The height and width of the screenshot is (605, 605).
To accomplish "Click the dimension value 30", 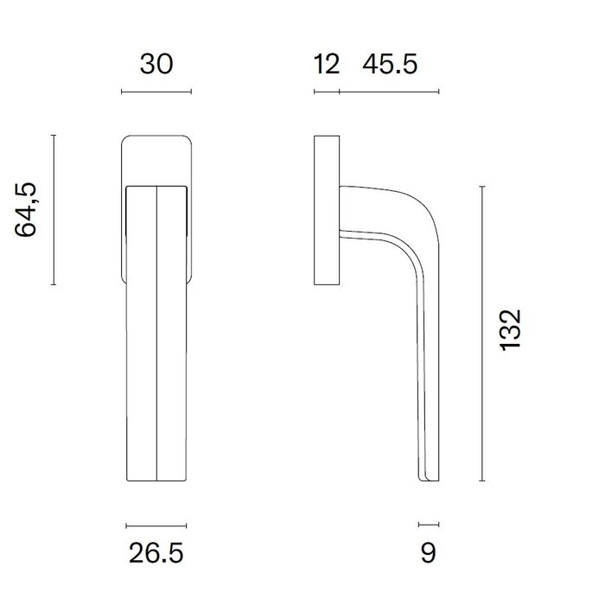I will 156,65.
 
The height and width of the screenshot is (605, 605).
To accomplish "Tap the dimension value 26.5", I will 156,552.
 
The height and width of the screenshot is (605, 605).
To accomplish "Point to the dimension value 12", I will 326,65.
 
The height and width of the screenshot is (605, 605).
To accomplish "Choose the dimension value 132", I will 511,332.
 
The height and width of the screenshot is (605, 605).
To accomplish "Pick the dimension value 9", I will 429,552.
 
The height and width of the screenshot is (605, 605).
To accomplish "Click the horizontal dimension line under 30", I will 156,92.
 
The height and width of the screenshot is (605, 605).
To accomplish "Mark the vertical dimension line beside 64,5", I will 54,210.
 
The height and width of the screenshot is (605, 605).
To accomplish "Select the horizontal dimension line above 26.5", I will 156,525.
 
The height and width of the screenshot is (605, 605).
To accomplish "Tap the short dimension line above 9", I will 429,524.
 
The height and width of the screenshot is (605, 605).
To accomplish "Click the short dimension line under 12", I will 326,92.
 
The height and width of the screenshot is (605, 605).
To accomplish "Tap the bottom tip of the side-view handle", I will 429,480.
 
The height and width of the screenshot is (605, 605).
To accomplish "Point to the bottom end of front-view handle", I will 156,481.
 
